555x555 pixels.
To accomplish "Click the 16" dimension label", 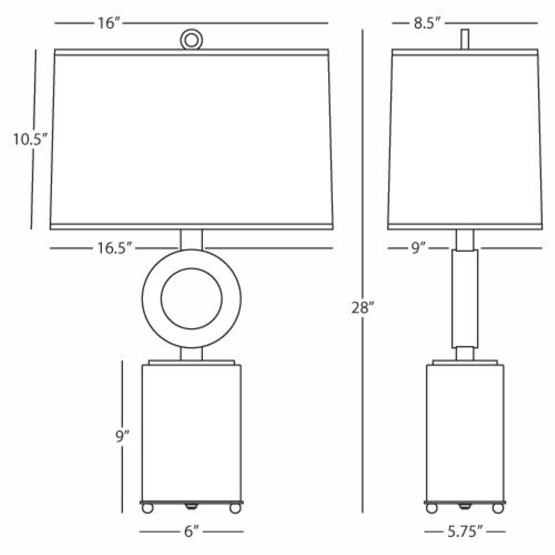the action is (109, 23).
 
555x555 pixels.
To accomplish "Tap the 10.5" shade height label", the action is (30, 139).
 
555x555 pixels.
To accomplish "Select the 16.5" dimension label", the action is (114, 248).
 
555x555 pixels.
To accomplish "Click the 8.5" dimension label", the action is (427, 23).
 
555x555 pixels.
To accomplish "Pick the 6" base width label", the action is (191, 531).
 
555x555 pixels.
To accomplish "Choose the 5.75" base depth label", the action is (465, 531).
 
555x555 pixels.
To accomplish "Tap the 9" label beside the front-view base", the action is (123, 436).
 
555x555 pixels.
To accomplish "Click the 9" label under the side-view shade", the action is (418, 248).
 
